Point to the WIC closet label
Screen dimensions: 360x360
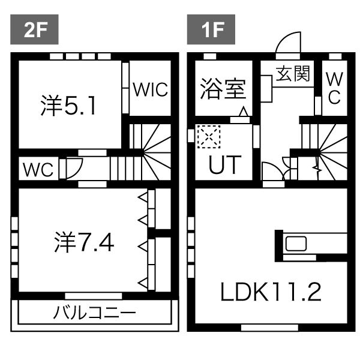150,89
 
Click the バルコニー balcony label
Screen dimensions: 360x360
95,313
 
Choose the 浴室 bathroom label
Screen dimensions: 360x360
223,89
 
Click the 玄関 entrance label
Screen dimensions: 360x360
293,74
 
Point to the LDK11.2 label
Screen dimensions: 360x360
271,292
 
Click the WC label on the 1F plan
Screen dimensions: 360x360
334,88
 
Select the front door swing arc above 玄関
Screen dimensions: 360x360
286,44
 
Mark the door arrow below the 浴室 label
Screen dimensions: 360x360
243,112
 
